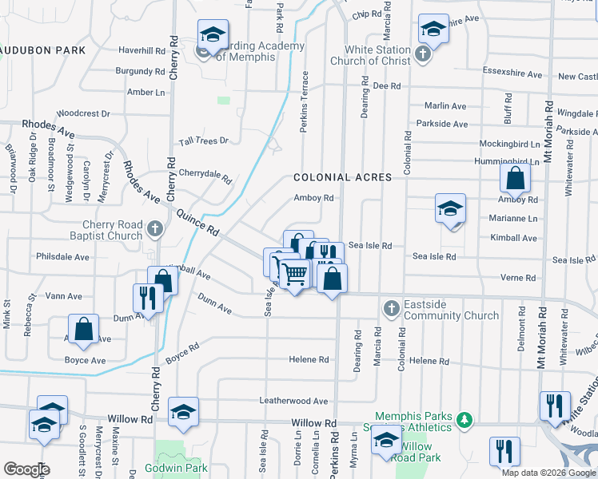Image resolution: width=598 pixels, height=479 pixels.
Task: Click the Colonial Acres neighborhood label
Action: (x=342, y=177)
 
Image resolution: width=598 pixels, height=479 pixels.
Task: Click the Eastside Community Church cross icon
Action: (x=391, y=308)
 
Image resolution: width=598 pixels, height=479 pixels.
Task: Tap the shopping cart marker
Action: (x=295, y=274)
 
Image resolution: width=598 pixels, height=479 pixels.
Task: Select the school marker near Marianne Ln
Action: (x=450, y=209)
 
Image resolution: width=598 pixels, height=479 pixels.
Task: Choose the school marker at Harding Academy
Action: (x=213, y=34)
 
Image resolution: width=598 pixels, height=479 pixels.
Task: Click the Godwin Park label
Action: (x=177, y=468)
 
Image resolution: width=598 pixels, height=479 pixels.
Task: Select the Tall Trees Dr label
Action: (x=204, y=141)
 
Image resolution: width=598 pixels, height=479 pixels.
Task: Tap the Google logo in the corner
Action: (x=26, y=469)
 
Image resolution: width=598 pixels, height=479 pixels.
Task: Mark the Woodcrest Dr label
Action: (x=83, y=113)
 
